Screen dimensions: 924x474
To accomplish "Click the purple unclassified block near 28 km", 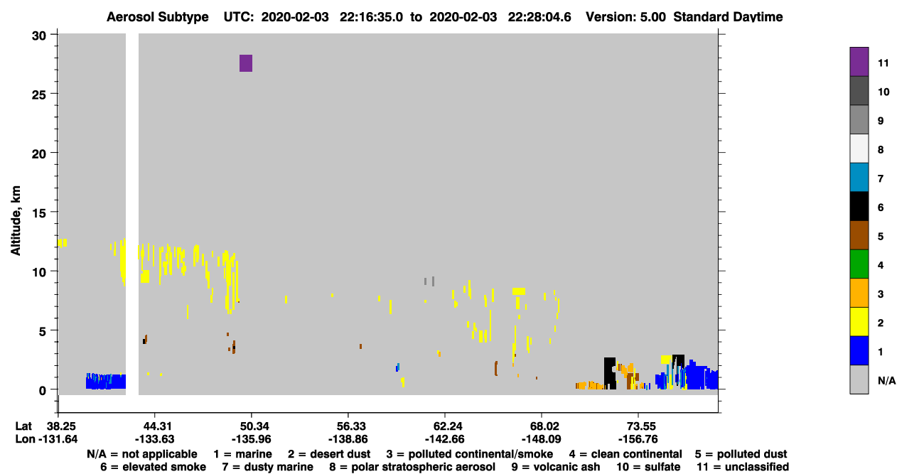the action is (246, 63).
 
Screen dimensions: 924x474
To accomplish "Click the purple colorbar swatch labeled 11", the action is (859, 62).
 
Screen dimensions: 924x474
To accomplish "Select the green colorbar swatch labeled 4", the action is (859, 264).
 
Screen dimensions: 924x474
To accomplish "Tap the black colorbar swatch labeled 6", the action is (859, 206).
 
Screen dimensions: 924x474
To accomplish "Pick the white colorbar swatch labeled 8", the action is (859, 149).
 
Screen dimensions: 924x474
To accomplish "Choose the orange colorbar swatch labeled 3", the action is (859, 293).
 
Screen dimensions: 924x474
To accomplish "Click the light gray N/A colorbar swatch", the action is (859, 379).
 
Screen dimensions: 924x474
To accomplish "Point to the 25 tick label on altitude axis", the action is (39, 95).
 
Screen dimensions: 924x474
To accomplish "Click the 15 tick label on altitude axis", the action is (39, 213).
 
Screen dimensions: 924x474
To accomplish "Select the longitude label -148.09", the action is (541, 439).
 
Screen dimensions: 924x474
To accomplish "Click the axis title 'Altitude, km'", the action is (15, 221).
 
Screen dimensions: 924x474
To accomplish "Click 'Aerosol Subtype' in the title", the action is (158, 17).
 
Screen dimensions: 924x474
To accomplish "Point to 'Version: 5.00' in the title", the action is (625, 17).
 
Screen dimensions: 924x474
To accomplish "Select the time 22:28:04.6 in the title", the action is (539, 17).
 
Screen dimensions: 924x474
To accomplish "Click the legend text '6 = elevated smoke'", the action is (153, 467).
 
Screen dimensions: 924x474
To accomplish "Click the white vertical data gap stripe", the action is (132, 214).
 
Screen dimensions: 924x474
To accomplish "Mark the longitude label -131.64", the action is (58, 439).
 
